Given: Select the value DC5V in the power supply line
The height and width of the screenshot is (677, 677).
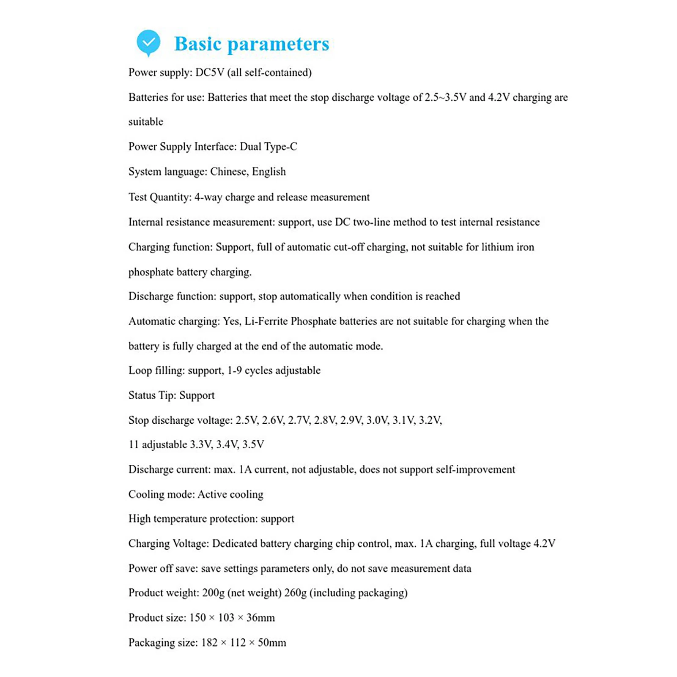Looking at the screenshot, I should [x=209, y=73].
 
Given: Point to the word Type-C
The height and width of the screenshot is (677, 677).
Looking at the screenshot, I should [x=280, y=147].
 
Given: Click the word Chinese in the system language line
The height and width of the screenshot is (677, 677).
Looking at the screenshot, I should [x=228, y=172].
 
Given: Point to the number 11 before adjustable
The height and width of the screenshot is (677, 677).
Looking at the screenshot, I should [x=134, y=445].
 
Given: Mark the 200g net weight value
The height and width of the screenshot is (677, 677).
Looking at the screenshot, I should [x=213, y=593].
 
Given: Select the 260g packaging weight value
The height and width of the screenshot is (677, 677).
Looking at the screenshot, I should [x=295, y=593].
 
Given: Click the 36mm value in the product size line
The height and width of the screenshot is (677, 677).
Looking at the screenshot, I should [x=260, y=618].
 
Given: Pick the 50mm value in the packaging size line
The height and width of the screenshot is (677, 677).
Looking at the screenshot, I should [x=272, y=643].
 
